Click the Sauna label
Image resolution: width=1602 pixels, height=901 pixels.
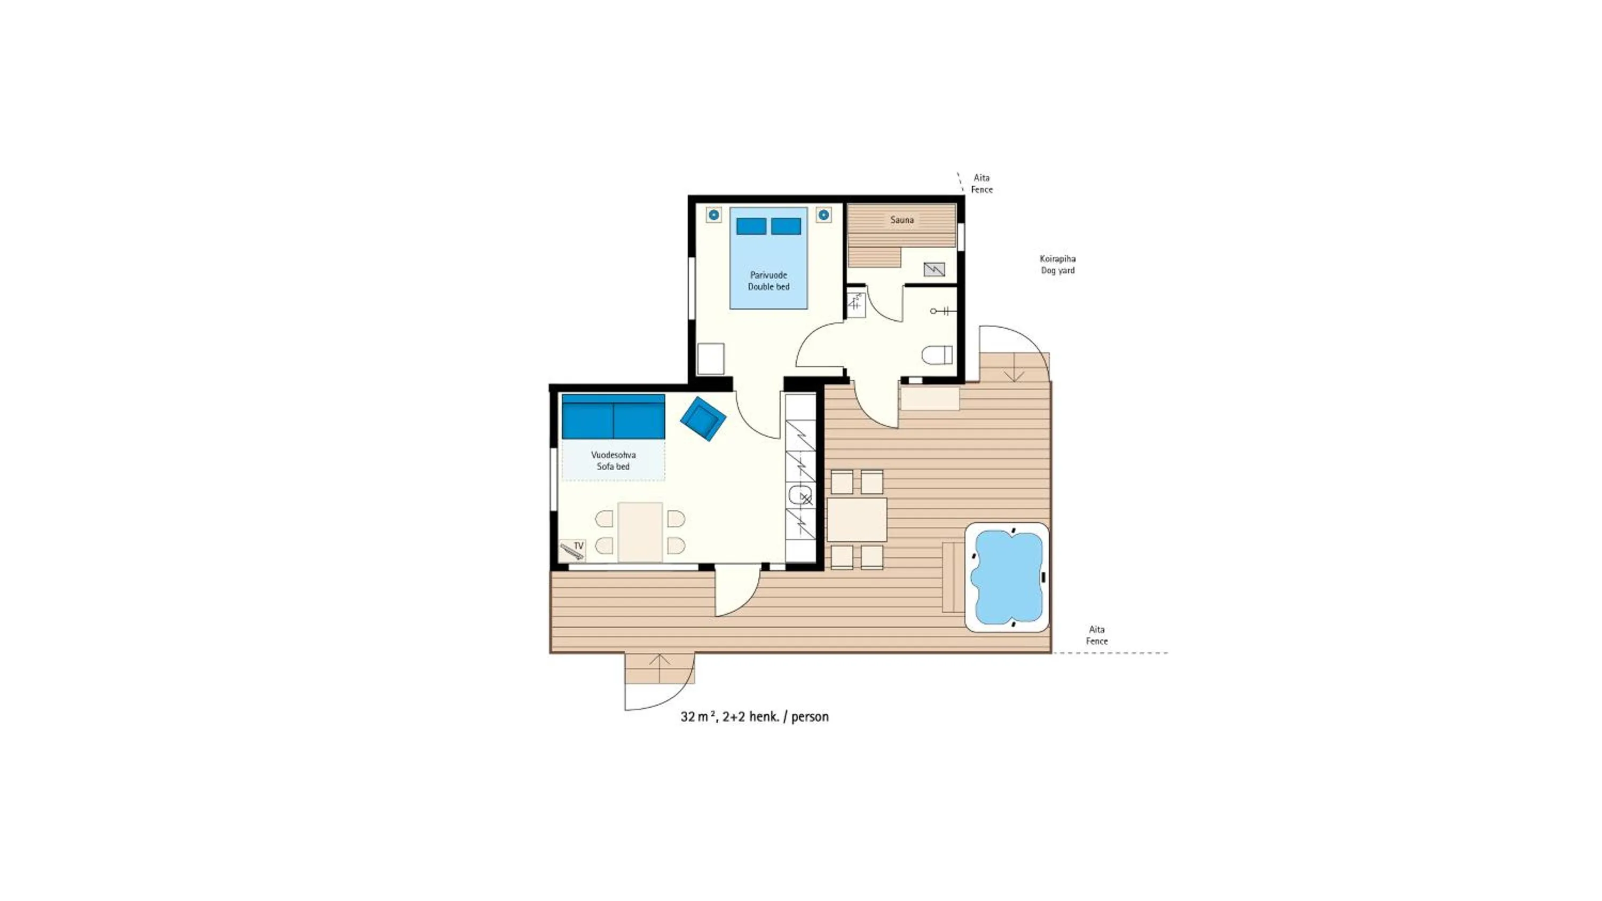(902, 219)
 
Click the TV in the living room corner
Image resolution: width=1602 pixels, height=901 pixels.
(572, 550)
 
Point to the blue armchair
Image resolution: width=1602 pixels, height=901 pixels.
(703, 418)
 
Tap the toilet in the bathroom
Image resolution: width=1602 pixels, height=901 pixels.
(937, 355)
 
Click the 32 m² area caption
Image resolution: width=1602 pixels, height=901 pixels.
(755, 716)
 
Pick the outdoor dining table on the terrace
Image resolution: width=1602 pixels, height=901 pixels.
(857, 519)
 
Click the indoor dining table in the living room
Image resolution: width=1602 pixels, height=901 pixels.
(640, 532)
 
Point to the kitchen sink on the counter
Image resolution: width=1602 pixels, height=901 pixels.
(800, 495)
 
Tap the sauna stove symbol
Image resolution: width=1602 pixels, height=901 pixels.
(934, 269)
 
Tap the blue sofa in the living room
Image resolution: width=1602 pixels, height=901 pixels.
(613, 417)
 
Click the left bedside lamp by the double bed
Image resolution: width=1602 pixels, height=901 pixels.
(714, 215)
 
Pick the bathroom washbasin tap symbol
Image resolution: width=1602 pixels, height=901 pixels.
(940, 310)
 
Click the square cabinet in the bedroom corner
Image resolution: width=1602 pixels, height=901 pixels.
(710, 359)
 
